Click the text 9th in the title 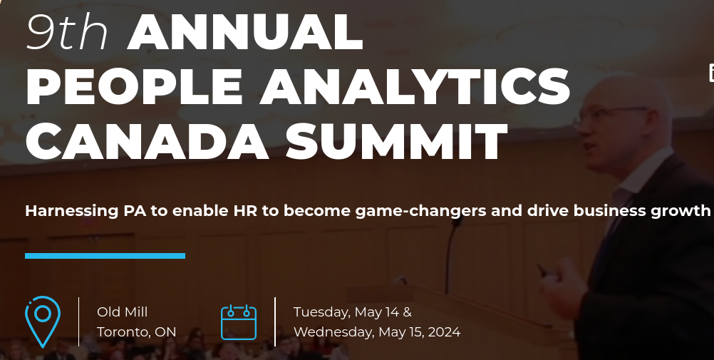click(x=67, y=33)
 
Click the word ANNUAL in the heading click(x=245, y=33)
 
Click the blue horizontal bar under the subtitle click(x=105, y=256)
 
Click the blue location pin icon click(x=42, y=321)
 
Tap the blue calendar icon click(x=238, y=322)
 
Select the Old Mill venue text click(x=123, y=312)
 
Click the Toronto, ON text click(x=137, y=332)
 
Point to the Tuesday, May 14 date click(x=352, y=312)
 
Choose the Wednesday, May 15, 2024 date click(x=376, y=332)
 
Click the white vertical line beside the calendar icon click(x=275, y=322)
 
